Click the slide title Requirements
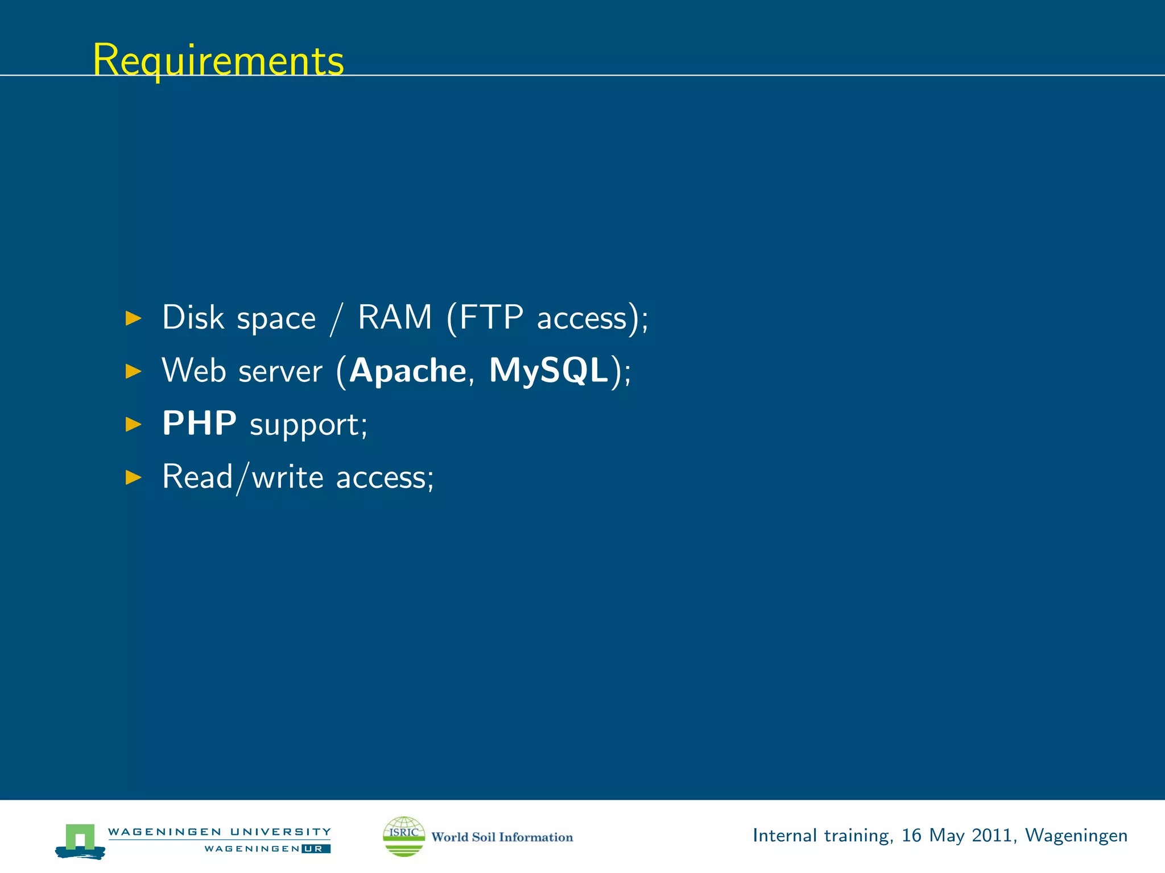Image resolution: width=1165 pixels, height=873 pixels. click(x=218, y=60)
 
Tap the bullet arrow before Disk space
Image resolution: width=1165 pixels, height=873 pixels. click(x=133, y=318)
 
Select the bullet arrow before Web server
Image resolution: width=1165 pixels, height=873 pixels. click(x=133, y=371)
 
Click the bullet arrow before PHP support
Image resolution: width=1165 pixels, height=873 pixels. click(x=133, y=424)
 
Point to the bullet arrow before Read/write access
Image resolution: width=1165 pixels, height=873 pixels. click(x=133, y=477)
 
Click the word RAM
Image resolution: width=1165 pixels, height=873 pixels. click(x=395, y=317)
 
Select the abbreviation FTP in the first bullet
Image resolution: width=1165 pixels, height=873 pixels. click(x=491, y=317)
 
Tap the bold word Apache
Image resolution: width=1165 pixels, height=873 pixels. click(x=408, y=371)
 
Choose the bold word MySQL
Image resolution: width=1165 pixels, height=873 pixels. click(x=549, y=371)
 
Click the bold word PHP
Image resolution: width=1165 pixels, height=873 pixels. click(x=199, y=423)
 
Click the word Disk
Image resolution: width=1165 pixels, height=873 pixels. click(x=193, y=317)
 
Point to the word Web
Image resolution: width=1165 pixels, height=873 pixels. click(x=194, y=371)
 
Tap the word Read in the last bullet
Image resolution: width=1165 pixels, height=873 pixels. click(x=197, y=476)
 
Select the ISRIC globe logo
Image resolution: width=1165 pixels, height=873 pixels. click(x=404, y=836)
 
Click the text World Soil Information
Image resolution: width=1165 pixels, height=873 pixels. click(x=502, y=837)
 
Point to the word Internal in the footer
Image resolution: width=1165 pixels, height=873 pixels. click(x=784, y=835)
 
